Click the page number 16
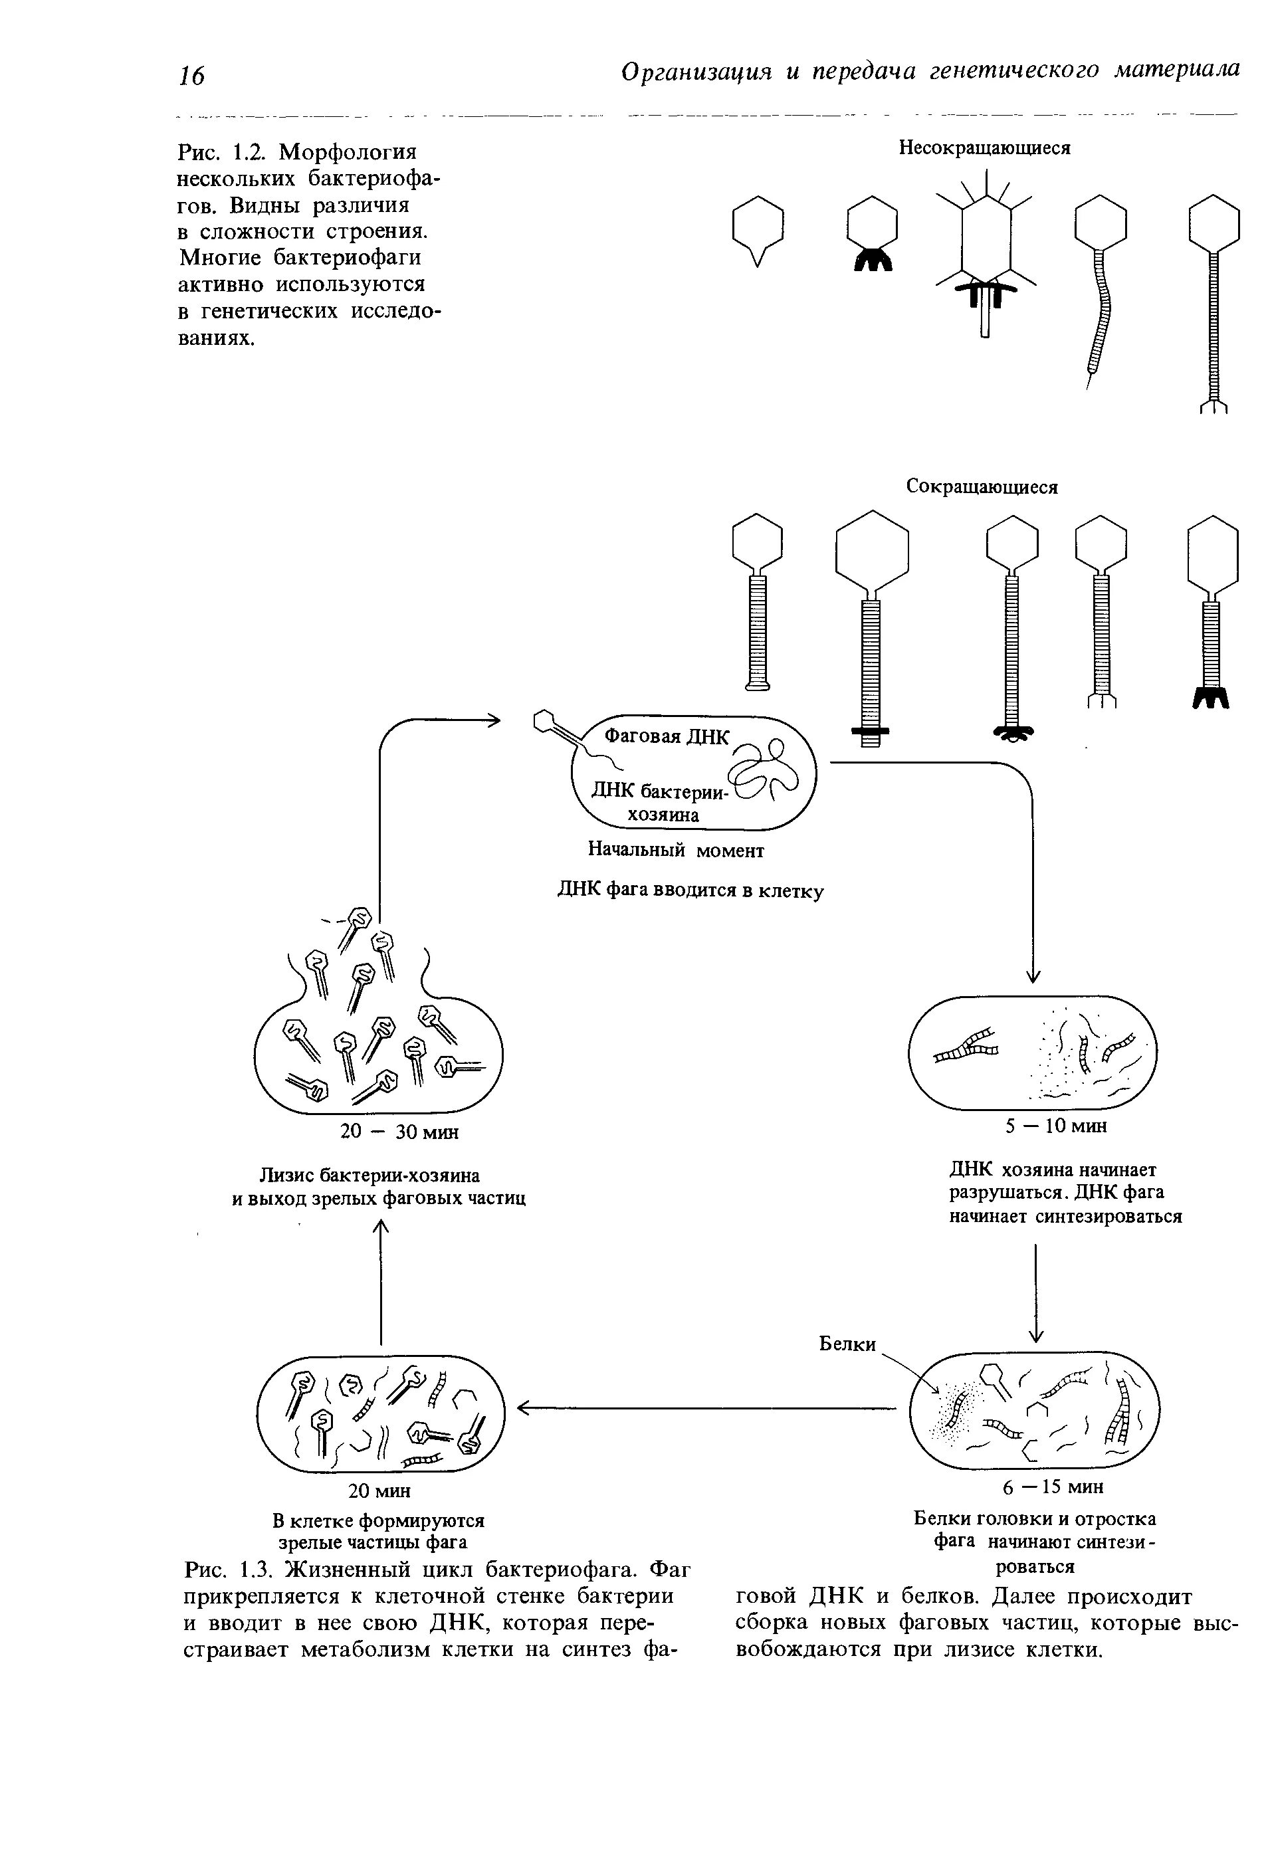191,76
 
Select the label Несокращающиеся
984,148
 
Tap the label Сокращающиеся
982,487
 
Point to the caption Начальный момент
676,851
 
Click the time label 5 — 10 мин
1056,1126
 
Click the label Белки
847,1344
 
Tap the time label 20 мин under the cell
379,1491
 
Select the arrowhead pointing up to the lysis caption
381,1229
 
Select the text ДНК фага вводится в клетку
689,890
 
